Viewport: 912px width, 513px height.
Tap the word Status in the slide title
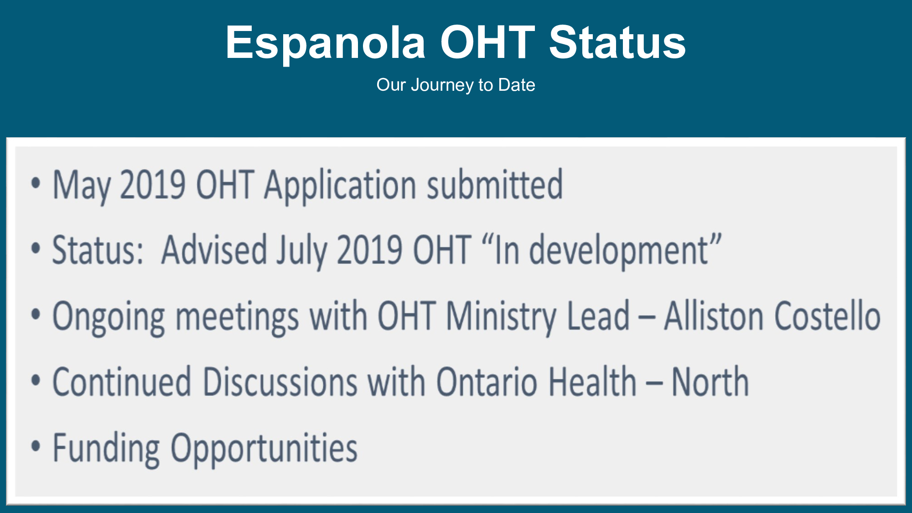coord(617,42)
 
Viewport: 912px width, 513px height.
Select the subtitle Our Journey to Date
coord(456,85)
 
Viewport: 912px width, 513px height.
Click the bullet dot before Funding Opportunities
coord(36,446)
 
